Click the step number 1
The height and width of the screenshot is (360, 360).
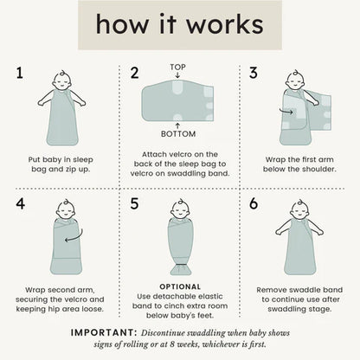[19, 73]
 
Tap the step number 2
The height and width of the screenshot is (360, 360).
[134, 73]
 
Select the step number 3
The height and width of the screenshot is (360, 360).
[254, 73]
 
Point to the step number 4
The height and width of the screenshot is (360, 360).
[20, 204]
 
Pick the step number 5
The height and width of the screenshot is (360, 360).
[134, 203]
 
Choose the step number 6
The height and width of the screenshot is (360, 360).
[254, 203]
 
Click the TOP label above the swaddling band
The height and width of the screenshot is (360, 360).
[177, 67]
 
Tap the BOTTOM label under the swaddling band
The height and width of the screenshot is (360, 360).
[178, 134]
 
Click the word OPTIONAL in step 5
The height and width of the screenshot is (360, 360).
[180, 286]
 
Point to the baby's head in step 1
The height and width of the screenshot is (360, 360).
[62, 80]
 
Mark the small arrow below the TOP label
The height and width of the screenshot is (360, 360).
[177, 75]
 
